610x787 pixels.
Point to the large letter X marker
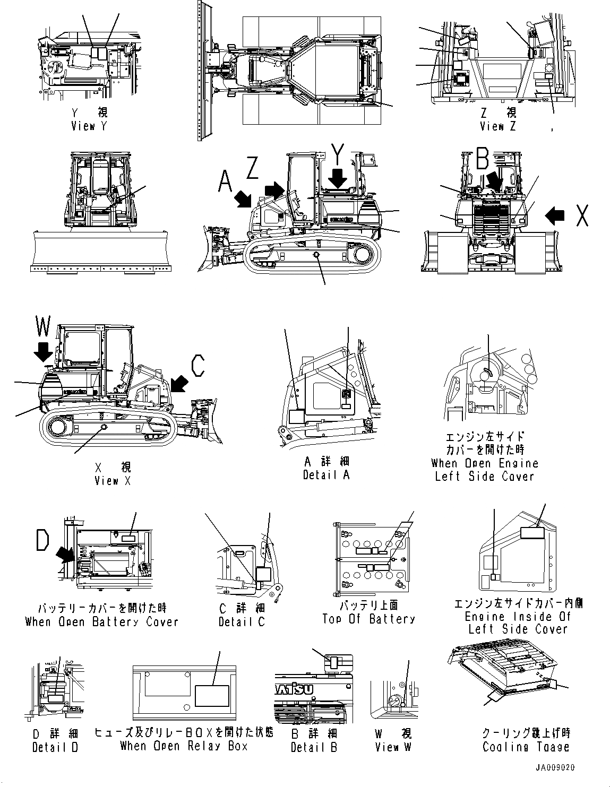(x=582, y=215)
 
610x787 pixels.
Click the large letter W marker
(x=43, y=326)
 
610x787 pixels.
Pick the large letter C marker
(x=197, y=365)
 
